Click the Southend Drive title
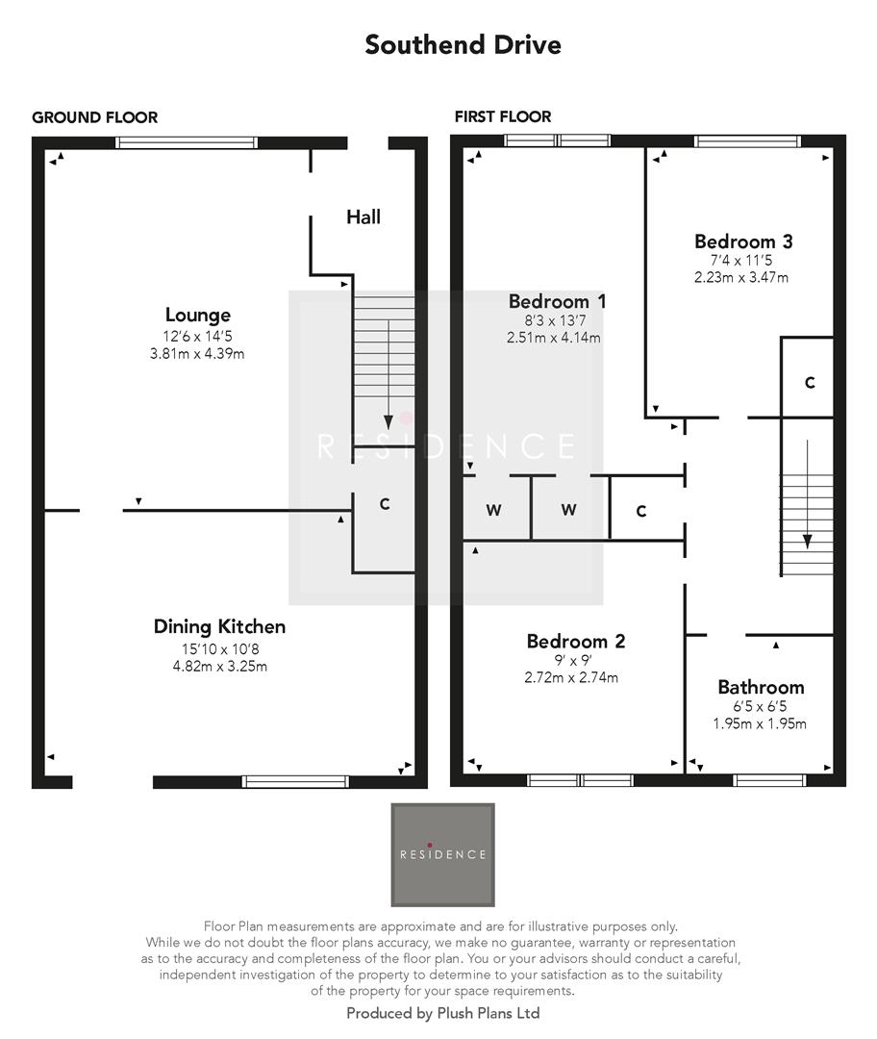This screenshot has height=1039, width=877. (463, 45)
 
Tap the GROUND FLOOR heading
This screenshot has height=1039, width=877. (94, 117)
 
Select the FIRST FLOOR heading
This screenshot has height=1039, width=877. (503, 117)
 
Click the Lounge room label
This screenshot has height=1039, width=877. (197, 315)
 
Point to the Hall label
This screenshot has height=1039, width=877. (363, 216)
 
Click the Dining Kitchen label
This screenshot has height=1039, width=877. (219, 626)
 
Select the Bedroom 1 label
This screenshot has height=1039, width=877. (558, 301)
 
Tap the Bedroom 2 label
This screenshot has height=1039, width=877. (576, 641)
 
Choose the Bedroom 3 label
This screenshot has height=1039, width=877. (743, 241)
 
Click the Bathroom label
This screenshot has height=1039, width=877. (761, 687)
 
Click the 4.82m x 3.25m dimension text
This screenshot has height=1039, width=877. (219, 666)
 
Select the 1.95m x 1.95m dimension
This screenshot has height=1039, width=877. (761, 724)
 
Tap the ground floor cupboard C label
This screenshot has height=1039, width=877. (385, 504)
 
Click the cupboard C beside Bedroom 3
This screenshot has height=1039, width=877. (810, 382)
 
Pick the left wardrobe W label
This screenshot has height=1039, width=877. (493, 511)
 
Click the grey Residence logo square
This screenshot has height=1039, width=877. (442, 854)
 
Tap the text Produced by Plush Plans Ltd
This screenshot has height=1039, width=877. (442, 1013)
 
